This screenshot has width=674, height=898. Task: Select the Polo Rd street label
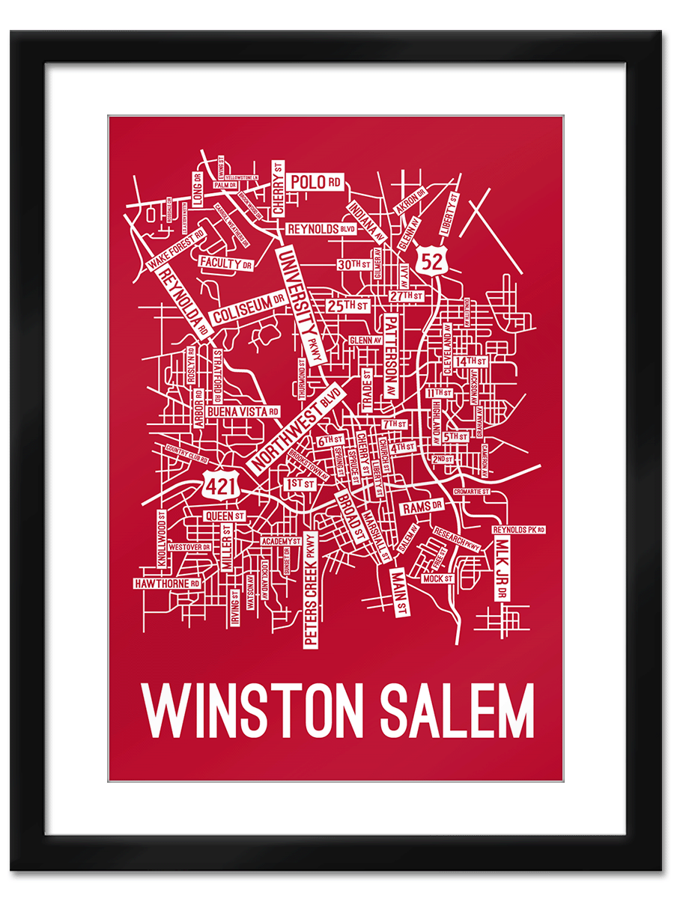(315, 182)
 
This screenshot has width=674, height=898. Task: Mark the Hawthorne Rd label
(167, 583)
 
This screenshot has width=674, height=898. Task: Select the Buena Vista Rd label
(243, 412)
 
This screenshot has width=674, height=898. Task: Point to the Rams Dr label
(422, 508)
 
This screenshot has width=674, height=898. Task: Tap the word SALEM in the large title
(458, 710)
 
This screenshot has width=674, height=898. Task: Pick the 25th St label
(347, 306)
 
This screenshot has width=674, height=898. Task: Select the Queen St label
(225, 516)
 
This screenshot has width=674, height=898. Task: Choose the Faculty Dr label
(225, 263)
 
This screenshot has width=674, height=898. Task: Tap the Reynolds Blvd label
(321, 229)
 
